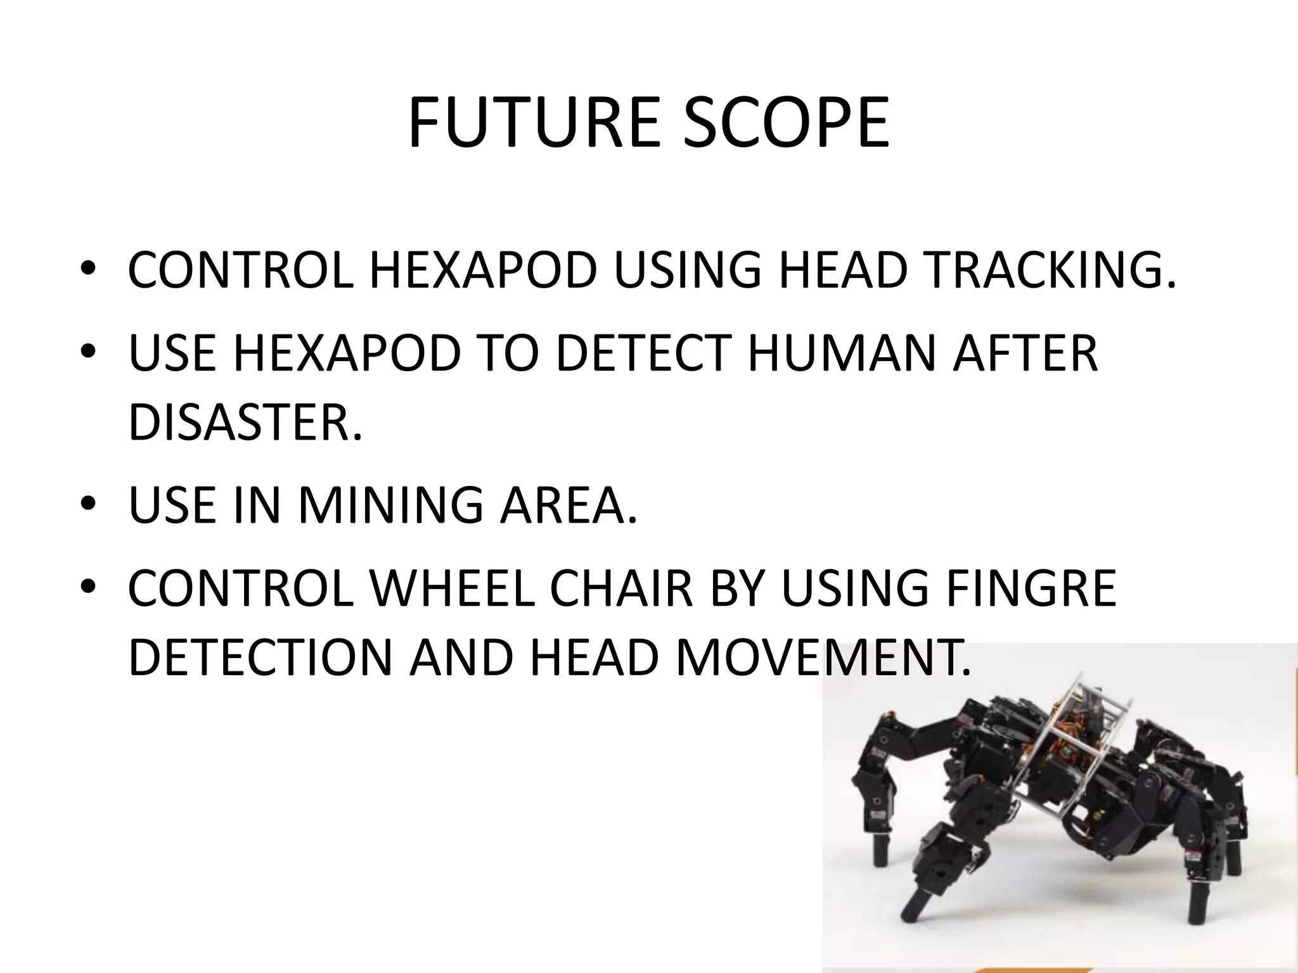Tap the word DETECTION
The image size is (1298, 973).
tap(260, 658)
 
